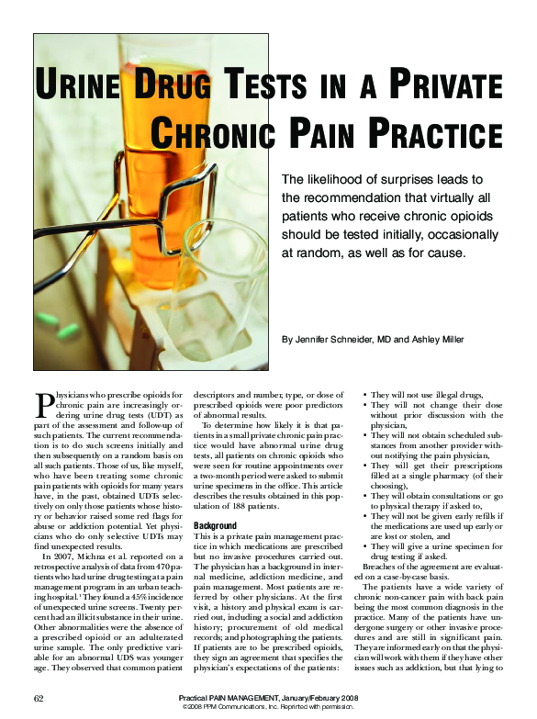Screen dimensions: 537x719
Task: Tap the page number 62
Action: pos(39,699)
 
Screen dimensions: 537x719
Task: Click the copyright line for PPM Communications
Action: pos(269,708)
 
